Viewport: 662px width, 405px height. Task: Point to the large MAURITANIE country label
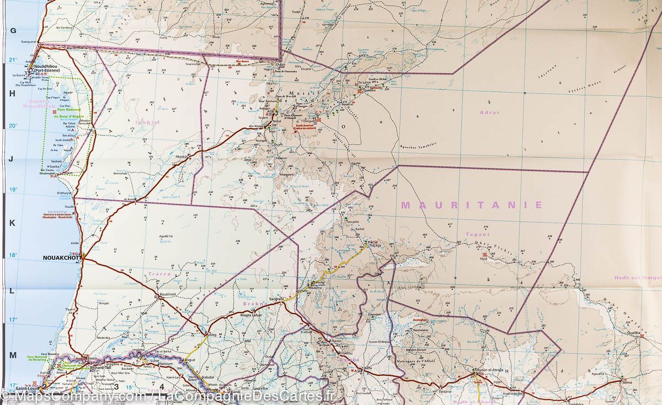click(x=472, y=205)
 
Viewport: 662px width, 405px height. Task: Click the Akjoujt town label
click(x=181, y=156)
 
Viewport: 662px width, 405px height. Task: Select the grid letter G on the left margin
click(x=12, y=31)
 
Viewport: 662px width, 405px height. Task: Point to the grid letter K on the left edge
click(x=12, y=223)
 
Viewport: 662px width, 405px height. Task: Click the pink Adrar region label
click(x=489, y=112)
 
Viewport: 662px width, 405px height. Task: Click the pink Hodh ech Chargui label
click(x=637, y=278)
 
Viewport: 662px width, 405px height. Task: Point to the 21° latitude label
click(x=13, y=60)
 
